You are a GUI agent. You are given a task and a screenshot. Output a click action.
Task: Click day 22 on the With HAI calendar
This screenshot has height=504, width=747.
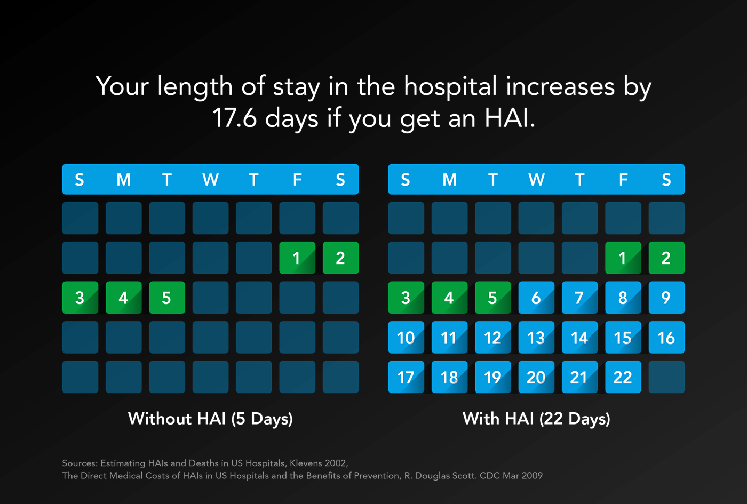tap(623, 377)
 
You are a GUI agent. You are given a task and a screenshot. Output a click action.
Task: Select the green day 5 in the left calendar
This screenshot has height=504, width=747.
tap(166, 298)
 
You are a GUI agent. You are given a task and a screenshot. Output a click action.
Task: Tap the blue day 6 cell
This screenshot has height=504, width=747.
tap(536, 298)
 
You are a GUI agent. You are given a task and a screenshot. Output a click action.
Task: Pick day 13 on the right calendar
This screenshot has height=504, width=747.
tap(536, 338)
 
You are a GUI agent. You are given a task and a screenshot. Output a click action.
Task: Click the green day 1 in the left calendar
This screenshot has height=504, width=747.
tap(297, 258)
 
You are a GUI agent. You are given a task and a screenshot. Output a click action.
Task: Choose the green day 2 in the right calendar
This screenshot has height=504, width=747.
tap(666, 258)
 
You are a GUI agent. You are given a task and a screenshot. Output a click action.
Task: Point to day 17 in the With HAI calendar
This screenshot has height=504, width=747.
tap(406, 377)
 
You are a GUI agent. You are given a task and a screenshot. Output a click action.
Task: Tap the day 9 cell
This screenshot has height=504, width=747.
tap(666, 298)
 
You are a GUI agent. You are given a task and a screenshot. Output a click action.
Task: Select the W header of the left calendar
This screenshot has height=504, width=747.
tap(210, 180)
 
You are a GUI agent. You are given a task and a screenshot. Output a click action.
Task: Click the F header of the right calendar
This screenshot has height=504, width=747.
tap(623, 180)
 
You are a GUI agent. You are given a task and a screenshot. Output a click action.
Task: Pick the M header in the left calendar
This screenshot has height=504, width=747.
tap(123, 180)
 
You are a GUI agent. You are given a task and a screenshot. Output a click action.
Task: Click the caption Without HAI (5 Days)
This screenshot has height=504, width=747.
tap(210, 419)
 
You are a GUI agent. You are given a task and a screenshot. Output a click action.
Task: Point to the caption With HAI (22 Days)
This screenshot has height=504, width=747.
tap(536, 419)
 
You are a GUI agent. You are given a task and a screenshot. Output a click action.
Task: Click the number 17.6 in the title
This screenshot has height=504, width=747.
tap(234, 118)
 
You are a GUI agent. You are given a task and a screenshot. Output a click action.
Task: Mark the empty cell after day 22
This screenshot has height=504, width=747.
tap(666, 377)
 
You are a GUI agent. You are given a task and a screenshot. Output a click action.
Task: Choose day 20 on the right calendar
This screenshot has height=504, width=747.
tap(536, 377)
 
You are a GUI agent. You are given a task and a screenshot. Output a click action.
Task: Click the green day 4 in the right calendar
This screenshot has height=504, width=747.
tap(449, 298)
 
